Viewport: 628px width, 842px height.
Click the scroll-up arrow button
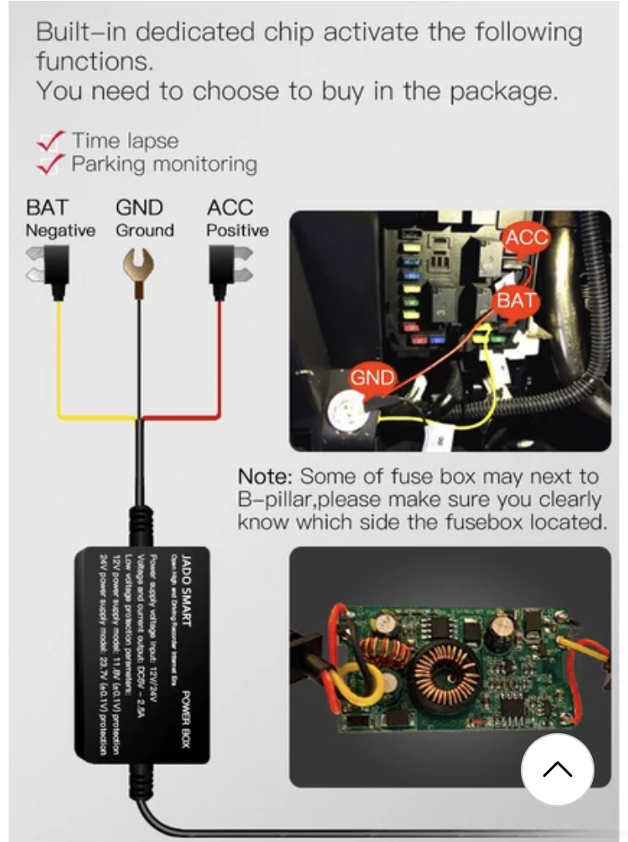pos(558,769)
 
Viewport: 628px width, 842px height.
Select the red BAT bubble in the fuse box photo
pos(517,300)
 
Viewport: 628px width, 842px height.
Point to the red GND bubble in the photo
pos(372,378)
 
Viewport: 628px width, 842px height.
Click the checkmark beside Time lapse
pos(53,141)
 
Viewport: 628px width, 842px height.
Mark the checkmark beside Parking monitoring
pos(53,164)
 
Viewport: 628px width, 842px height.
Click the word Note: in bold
pos(265,477)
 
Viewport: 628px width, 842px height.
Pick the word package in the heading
pos(504,90)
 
